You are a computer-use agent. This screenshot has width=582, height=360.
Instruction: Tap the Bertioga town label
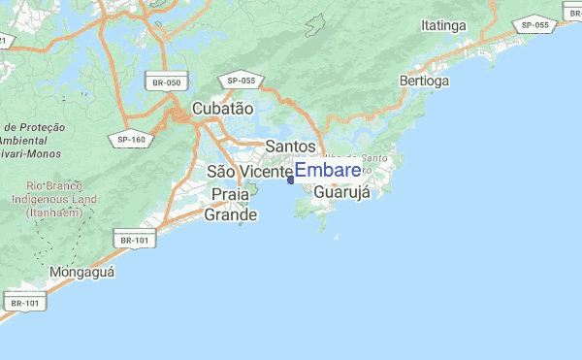point(424,82)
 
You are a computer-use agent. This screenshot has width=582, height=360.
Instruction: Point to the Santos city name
point(290,146)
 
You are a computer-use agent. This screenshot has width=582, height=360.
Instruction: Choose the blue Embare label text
point(328,171)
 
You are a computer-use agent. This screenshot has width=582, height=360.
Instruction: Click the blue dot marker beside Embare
point(291,178)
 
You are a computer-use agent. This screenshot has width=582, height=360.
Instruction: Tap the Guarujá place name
point(343,192)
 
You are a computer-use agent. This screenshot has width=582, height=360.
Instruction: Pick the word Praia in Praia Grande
point(230,195)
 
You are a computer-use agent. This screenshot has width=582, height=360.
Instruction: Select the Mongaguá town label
point(82,273)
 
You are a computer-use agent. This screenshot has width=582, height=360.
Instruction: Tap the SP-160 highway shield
point(131,139)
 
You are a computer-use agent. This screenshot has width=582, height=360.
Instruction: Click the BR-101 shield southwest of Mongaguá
point(25,304)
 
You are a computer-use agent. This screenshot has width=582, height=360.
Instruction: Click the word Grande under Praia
point(230,214)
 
